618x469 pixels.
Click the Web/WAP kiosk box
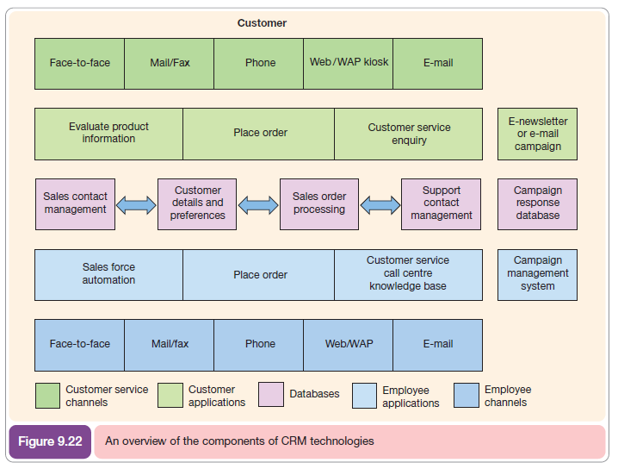click(x=349, y=63)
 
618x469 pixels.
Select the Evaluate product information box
click(x=108, y=133)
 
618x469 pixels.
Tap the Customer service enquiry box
click(x=409, y=133)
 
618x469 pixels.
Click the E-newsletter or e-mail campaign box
click(x=537, y=134)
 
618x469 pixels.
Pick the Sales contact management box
click(x=75, y=203)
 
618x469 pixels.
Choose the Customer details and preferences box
click(x=197, y=203)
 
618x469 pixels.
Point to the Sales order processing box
click(x=318, y=203)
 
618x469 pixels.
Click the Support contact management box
click(x=441, y=203)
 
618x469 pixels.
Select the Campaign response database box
click(x=537, y=203)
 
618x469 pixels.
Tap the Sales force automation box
click(x=108, y=274)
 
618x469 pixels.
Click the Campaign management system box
click(x=537, y=274)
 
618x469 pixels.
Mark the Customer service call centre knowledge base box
click(x=408, y=274)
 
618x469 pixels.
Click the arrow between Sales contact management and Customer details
click(x=136, y=205)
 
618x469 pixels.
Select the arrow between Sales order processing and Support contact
click(x=380, y=205)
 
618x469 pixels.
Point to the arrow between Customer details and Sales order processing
click(x=258, y=205)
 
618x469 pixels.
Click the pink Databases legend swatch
click(x=270, y=395)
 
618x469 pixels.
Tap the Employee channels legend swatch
click(x=466, y=395)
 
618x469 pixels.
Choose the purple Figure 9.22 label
click(x=50, y=441)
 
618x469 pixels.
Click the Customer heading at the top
click(x=262, y=23)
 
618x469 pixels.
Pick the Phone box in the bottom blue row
click(x=260, y=344)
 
